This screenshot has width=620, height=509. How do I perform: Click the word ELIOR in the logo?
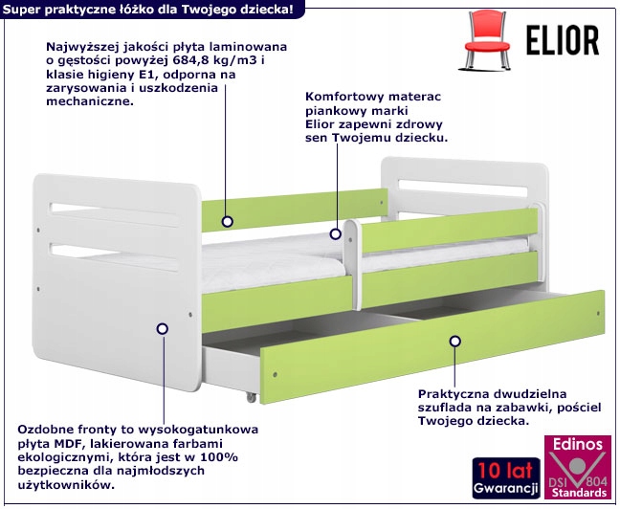[562, 40]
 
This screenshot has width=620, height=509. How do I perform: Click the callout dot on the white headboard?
[162, 327]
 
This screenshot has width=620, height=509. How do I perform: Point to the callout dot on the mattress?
[335, 232]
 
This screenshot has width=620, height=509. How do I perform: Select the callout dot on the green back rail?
[229, 220]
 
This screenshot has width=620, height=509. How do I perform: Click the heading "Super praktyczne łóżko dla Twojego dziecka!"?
[154, 9]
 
